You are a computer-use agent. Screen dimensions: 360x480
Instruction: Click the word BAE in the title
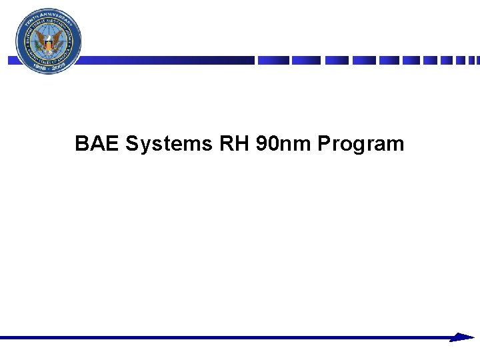[97, 143]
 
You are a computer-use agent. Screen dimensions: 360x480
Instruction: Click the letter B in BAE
[82, 143]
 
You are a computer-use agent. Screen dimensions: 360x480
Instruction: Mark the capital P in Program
[325, 143]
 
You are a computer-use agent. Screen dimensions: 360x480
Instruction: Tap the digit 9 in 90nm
[261, 143]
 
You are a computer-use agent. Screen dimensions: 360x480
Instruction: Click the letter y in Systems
[143, 145]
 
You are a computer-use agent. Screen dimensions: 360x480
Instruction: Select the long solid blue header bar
[167, 60]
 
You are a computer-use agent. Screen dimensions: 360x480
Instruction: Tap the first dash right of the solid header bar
[273, 60]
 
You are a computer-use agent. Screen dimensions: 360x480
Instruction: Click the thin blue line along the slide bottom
[227, 338]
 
